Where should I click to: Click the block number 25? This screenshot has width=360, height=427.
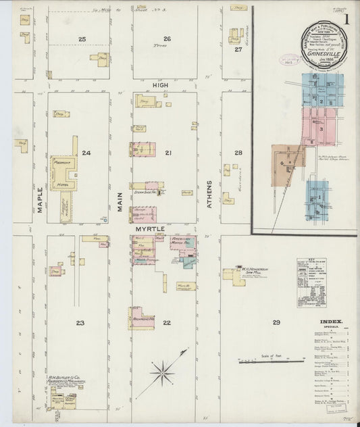pyautogui.click(x=82, y=40)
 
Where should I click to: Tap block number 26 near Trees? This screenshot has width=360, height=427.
pyautogui.click(x=167, y=39)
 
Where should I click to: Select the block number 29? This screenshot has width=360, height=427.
pyautogui.click(x=276, y=323)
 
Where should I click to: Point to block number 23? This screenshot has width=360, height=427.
pyautogui.click(x=80, y=323)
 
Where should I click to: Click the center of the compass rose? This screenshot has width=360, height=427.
pyautogui.click(x=162, y=370)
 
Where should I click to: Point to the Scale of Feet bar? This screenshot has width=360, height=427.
pyautogui.click(x=271, y=361)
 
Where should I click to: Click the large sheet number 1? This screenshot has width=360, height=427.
pyautogui.click(x=346, y=21)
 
